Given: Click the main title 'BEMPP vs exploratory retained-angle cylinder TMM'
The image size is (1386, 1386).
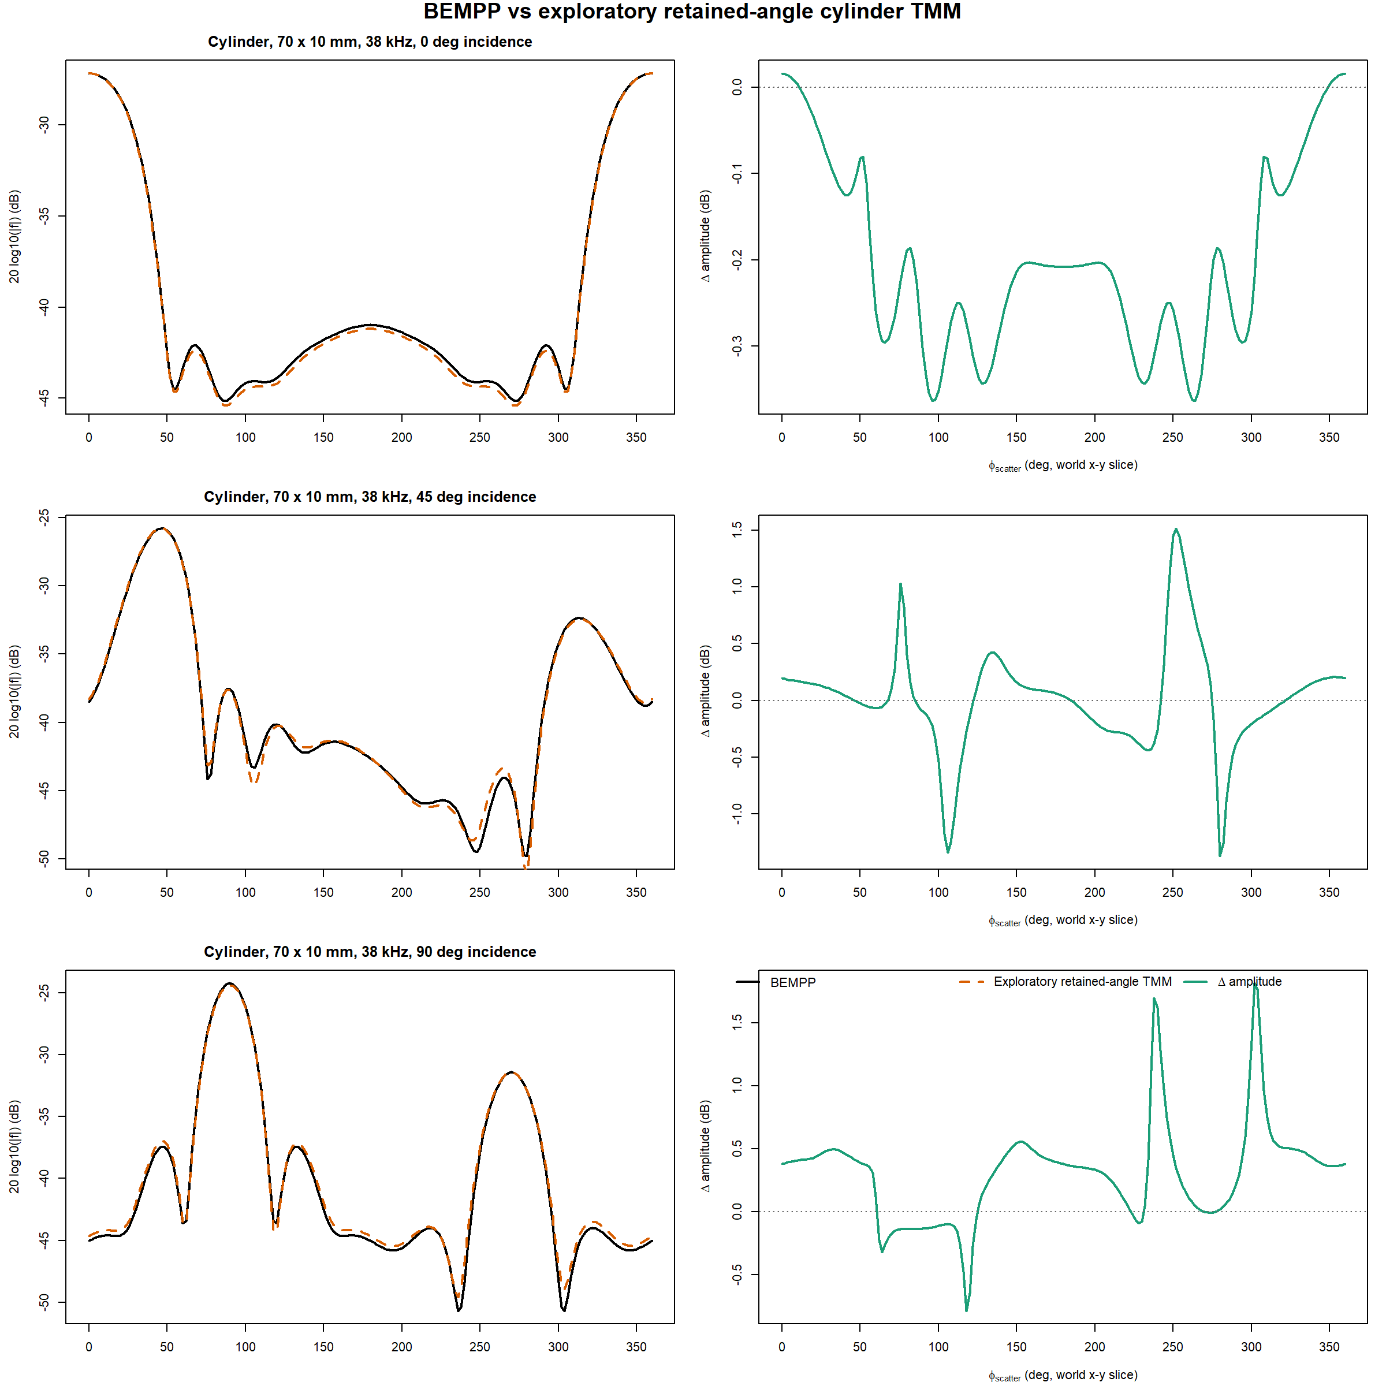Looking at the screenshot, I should tap(692, 12).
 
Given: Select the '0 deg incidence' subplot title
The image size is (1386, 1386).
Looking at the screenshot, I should tap(370, 42).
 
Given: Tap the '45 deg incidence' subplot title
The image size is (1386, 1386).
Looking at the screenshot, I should tap(370, 497).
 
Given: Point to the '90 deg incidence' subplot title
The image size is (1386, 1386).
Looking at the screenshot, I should tap(370, 951).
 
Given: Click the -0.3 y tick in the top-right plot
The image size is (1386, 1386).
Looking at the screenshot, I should tap(737, 346).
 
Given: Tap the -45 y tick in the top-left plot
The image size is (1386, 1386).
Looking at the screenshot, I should tap(44, 397).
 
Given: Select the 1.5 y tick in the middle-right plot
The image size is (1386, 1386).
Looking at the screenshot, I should tap(737, 530).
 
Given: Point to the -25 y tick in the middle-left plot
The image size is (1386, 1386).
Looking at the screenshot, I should tap(44, 517).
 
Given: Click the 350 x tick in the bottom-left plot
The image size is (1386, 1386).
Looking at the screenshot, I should tap(636, 1347).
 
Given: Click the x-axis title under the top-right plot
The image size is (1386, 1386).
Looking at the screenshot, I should tap(1063, 465).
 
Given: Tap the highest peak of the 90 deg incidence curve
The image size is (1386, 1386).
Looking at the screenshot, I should tap(230, 983).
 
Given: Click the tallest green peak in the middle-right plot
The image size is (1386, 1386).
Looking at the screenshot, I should tap(1175, 530).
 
